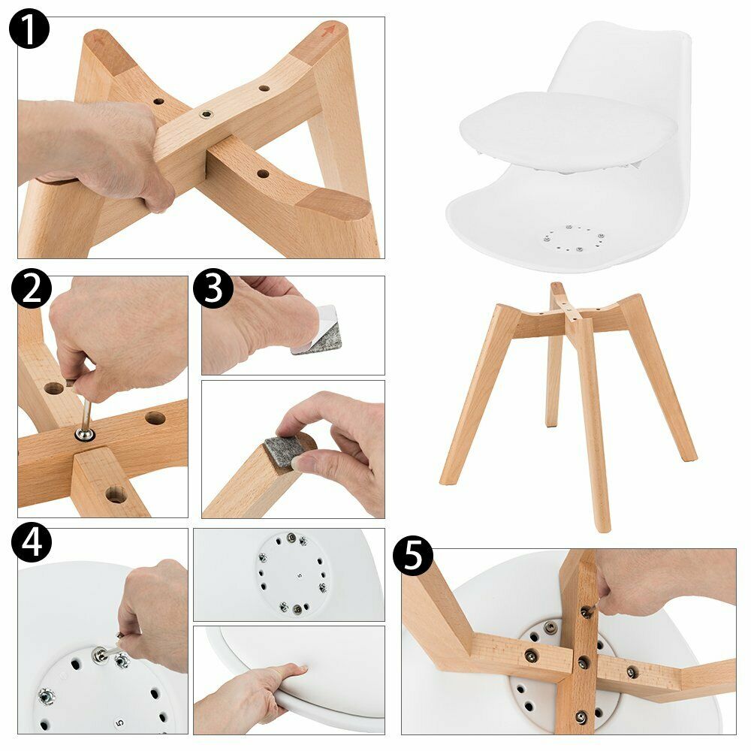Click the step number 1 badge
click(x=29, y=29)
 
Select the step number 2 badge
click(x=32, y=289)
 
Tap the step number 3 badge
click(x=213, y=289)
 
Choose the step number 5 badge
click(x=413, y=556)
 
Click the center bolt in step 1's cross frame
click(x=206, y=114)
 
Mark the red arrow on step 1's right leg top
click(x=329, y=30)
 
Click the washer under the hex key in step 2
click(x=85, y=435)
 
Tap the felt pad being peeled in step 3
click(x=318, y=330)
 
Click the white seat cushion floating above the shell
click(x=568, y=130)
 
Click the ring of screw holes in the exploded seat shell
click(x=573, y=238)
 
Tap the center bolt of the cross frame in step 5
click(x=583, y=663)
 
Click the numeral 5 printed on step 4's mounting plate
click(x=119, y=722)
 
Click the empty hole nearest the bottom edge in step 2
click(x=116, y=494)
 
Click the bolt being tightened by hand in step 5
click(x=586, y=611)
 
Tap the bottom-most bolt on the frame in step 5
click(x=581, y=717)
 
